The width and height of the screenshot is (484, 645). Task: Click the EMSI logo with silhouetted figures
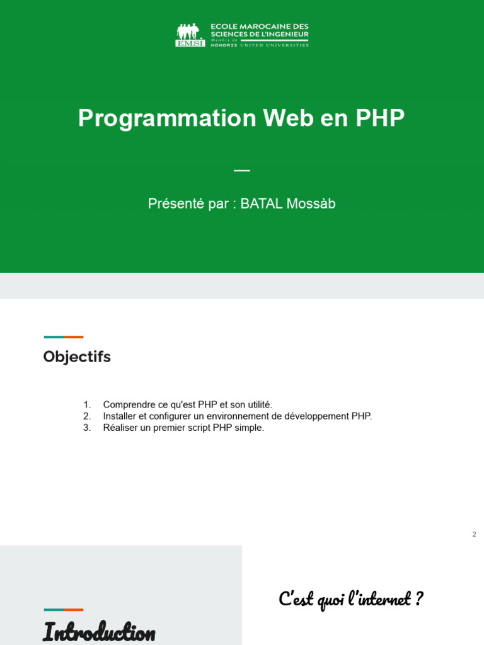(x=190, y=35)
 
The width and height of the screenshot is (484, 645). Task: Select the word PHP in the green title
(x=380, y=118)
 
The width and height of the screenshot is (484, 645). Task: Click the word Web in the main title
(x=288, y=118)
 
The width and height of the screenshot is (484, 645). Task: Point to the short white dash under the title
(x=242, y=170)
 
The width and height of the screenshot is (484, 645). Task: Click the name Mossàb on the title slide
(x=311, y=203)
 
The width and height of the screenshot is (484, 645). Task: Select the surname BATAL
(x=262, y=203)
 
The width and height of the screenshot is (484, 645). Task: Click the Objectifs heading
(x=77, y=357)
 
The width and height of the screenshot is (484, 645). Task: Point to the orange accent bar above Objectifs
(x=74, y=337)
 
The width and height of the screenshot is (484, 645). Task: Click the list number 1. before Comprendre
(x=87, y=405)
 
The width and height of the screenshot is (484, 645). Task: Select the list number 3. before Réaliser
(x=87, y=428)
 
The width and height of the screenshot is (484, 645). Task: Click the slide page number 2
(x=474, y=534)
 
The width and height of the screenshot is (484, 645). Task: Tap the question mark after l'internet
(x=418, y=598)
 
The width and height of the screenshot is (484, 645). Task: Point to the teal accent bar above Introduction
(x=54, y=610)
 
